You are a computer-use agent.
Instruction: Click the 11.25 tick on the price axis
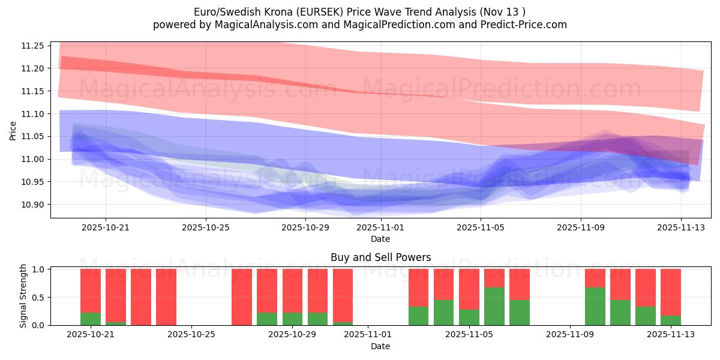[32, 46]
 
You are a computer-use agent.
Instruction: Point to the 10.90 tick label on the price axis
[32, 205]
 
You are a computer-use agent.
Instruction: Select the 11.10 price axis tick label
[32, 114]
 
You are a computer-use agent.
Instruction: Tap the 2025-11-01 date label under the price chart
[380, 227]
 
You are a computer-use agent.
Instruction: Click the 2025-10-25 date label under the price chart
[206, 227]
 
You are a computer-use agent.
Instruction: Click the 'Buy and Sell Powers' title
[380, 257]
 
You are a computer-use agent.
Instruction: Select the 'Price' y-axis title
[13, 130]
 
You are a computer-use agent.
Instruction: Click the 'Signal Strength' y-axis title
[23, 297]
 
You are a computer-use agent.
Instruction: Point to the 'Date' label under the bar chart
[380, 346]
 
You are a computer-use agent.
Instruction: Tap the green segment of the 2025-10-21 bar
[91, 319]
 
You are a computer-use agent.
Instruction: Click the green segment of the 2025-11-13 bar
[671, 320]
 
